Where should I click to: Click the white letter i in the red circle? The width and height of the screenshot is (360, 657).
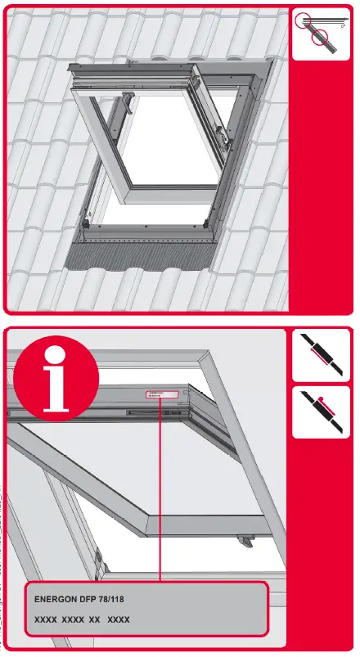56,380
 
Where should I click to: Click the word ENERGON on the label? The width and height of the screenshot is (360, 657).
54,600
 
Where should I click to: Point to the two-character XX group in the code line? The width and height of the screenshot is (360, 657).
94,621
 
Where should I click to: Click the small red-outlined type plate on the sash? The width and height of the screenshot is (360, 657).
162,395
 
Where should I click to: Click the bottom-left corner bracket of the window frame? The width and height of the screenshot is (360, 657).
86,219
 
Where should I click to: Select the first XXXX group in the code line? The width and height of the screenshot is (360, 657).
46,621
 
